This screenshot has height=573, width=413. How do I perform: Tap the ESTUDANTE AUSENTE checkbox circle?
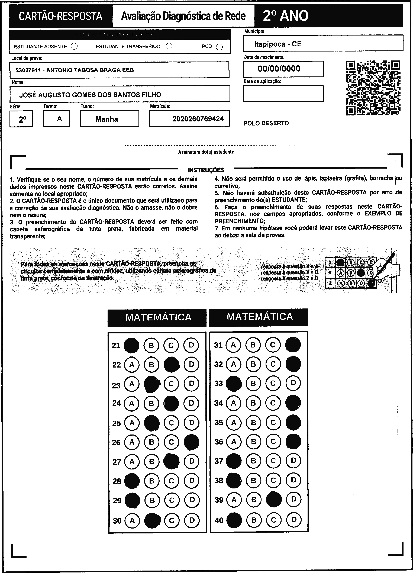(x=74, y=46)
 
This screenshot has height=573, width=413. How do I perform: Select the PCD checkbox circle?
(x=220, y=47)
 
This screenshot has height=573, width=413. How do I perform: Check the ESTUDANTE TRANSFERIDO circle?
(x=169, y=46)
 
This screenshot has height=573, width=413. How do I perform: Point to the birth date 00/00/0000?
(x=279, y=69)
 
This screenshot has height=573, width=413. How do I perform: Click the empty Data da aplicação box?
(x=283, y=94)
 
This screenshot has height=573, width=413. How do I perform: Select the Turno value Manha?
(x=107, y=119)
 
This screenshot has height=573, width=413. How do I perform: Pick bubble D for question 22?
(x=191, y=364)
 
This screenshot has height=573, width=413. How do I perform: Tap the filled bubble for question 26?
(x=191, y=442)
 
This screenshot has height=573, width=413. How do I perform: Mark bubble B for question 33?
(x=253, y=383)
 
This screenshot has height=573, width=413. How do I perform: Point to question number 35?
(x=219, y=422)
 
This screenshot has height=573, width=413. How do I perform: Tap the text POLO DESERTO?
(x=266, y=123)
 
